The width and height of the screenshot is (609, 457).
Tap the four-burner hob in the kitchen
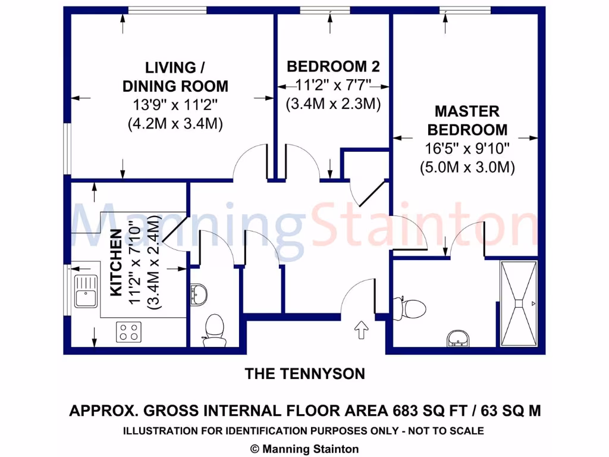[x=129, y=331]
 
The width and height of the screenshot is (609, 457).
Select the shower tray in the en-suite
[x=519, y=303]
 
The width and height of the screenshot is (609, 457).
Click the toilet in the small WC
[x=213, y=331]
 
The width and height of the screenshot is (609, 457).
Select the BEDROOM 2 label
[x=333, y=66]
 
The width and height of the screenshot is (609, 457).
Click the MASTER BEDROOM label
[x=467, y=120]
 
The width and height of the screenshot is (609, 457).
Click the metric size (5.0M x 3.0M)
[x=467, y=167]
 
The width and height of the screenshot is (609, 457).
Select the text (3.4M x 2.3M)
[x=333, y=104]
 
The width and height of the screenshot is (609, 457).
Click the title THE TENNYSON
[x=304, y=374]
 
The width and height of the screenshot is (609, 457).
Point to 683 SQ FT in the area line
[x=429, y=411]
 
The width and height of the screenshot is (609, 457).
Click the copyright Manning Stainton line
[x=304, y=449]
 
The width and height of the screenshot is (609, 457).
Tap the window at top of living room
[x=167, y=10]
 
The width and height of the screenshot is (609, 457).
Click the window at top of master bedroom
[x=465, y=10]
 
